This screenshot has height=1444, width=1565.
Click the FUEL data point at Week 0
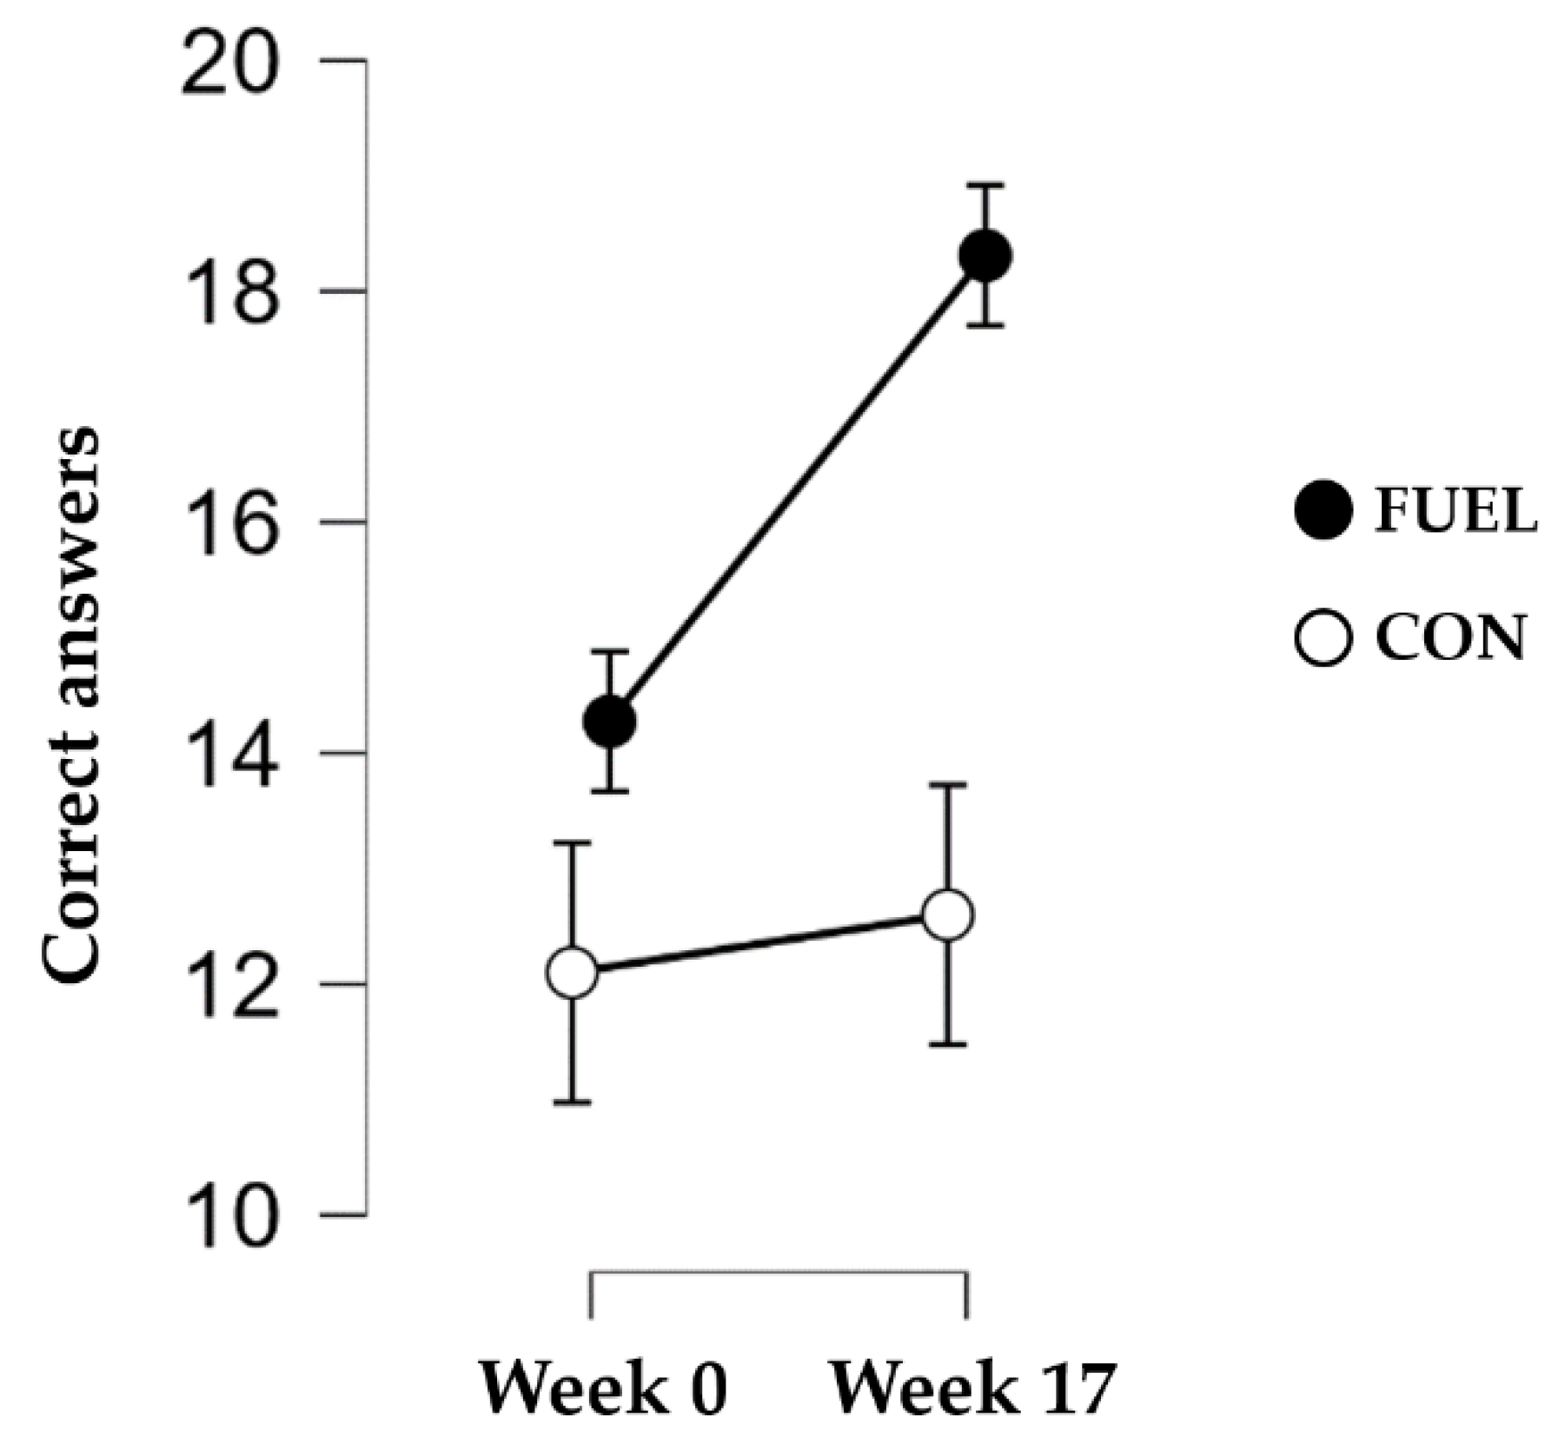(x=610, y=721)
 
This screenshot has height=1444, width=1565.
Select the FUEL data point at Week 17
(x=985, y=256)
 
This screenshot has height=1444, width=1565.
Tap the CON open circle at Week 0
(x=573, y=972)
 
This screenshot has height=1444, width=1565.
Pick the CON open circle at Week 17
(x=947, y=915)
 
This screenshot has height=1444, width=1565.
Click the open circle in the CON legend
(x=1323, y=638)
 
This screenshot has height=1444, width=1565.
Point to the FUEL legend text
(x=1456, y=511)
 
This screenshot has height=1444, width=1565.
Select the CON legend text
(x=1449, y=639)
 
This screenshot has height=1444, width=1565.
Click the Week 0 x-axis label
(x=603, y=1388)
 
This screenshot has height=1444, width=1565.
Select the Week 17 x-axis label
(x=971, y=1388)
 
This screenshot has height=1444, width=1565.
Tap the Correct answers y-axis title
(x=71, y=704)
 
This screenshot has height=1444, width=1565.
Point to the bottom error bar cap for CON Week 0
(x=573, y=1102)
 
